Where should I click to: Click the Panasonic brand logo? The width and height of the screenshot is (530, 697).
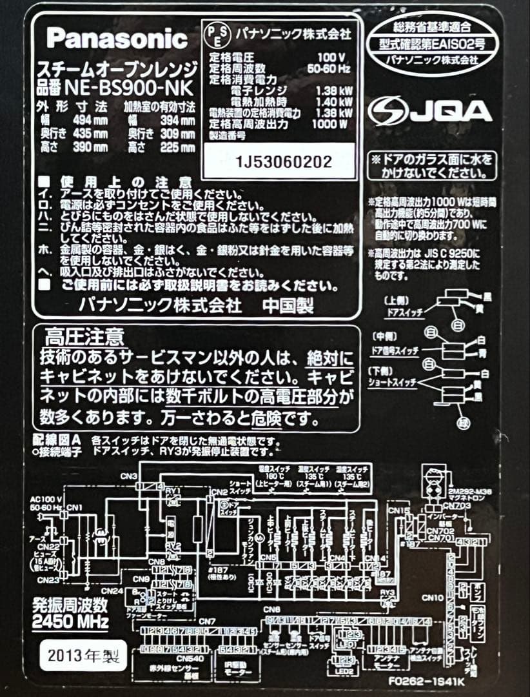117,39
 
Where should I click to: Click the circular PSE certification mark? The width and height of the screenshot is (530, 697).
215,34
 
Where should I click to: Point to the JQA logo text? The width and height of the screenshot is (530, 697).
430,111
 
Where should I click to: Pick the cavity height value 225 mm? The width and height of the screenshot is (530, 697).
179,148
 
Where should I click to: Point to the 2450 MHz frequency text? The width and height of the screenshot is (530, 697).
70,621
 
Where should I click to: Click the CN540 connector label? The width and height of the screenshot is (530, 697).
168,659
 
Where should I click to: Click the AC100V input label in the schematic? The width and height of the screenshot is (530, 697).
46,500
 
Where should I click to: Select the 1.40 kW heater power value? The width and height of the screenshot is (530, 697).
337,102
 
